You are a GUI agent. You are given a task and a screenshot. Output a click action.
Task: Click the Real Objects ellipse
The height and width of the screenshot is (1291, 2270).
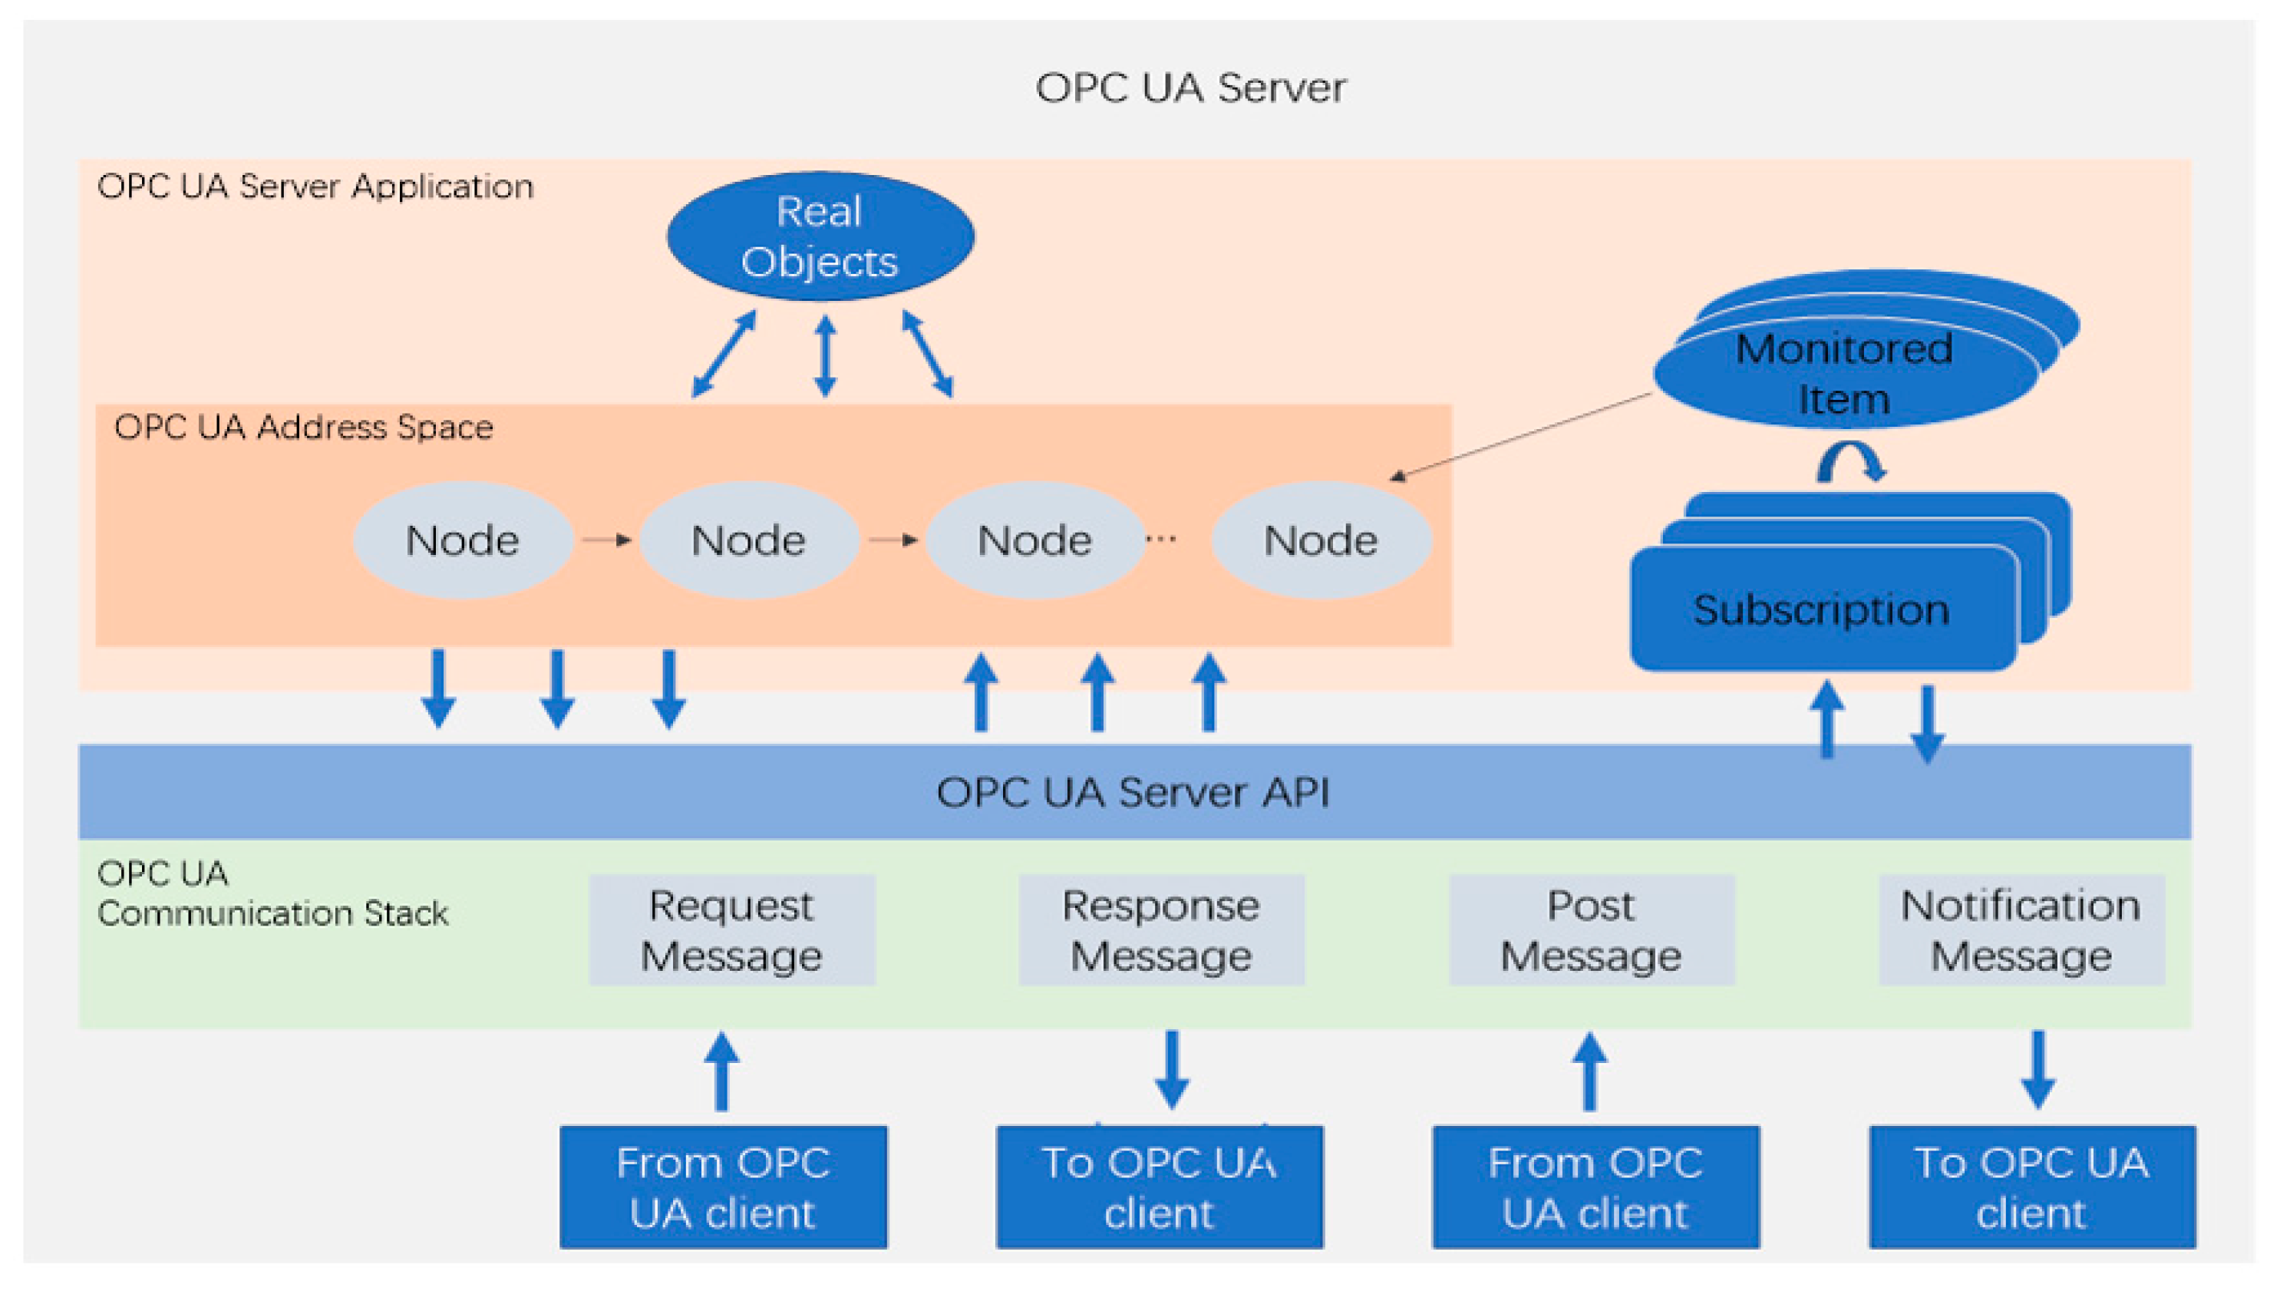click(819, 236)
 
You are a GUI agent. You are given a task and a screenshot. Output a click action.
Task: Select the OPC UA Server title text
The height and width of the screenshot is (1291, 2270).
click(1189, 87)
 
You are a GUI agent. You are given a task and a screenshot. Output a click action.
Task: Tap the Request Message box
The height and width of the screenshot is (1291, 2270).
click(731, 930)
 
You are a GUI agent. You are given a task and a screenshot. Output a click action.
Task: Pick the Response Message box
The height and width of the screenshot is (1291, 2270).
click(1160, 930)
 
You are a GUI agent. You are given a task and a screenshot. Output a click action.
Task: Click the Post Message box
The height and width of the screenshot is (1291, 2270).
click(1590, 930)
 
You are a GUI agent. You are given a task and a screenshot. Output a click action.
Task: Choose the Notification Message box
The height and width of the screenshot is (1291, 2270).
click(2020, 930)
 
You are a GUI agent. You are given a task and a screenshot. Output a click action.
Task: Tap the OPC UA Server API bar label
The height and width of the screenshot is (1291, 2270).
click(1133, 792)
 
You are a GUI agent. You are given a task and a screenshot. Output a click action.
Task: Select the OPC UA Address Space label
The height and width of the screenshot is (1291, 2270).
click(303, 428)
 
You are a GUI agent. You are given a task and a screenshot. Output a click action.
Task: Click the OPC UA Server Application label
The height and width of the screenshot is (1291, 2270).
click(315, 187)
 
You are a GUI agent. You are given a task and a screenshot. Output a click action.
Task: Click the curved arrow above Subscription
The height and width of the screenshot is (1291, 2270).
click(1851, 462)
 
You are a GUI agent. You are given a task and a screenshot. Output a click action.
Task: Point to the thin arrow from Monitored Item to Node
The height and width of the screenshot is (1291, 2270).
click(1521, 435)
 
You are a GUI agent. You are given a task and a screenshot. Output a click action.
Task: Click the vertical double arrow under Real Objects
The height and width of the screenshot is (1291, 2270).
click(825, 355)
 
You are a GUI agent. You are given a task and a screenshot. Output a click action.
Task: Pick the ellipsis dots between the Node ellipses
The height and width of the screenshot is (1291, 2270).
click(1160, 538)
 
